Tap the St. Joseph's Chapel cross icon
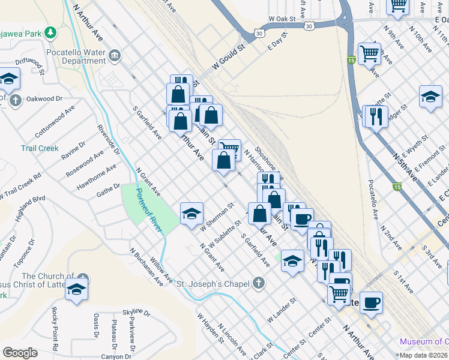click(x=258, y=283)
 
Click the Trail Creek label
click(x=40, y=148)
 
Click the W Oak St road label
click(x=283, y=19)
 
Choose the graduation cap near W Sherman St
click(x=191, y=214)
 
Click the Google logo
click(x=20, y=353)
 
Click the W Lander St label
click(x=282, y=309)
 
